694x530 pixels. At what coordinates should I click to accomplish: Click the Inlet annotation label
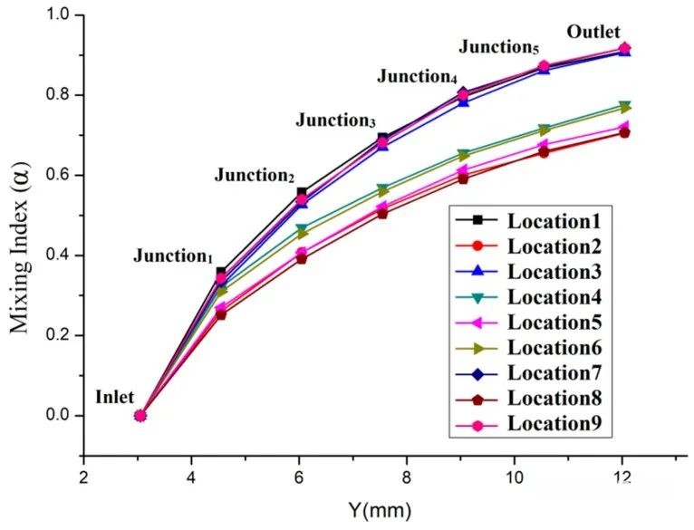pos(114,397)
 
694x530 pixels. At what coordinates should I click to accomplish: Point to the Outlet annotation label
pos(593,33)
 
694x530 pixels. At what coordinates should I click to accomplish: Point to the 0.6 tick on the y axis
pos(65,175)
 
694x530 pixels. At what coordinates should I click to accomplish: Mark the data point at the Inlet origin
pos(140,415)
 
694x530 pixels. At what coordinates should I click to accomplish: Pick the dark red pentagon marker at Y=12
pos(623,132)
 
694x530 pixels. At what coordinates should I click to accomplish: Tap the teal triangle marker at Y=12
pos(623,106)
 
